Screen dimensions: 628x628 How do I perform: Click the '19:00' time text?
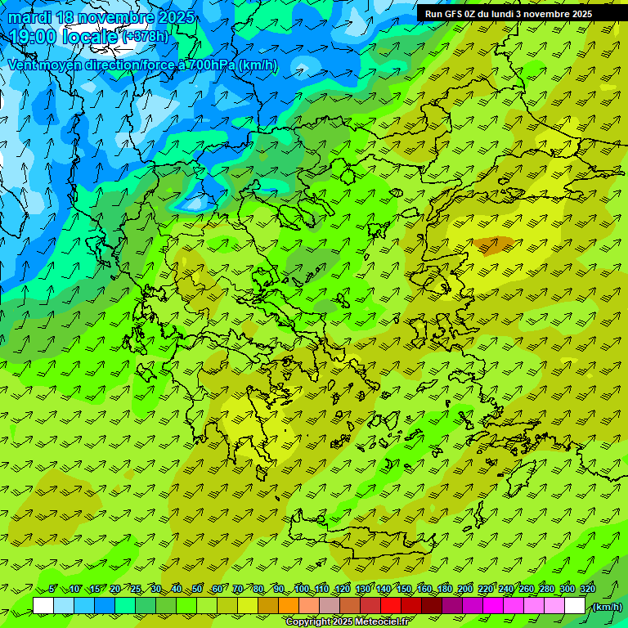34,37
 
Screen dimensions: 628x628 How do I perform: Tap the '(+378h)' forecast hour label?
145,37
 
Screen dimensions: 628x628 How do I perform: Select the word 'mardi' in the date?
30,17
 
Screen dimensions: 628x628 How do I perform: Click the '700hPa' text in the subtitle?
212,65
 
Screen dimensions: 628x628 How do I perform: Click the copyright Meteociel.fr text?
347,622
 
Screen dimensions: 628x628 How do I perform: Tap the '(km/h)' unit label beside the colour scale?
606,607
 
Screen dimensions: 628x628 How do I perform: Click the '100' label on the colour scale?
302,589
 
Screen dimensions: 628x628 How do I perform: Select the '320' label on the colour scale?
588,589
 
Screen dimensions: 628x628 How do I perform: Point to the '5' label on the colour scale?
52,589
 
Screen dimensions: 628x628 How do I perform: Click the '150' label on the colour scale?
404,589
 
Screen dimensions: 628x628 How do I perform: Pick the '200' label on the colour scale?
465,589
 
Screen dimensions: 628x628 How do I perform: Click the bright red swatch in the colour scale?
391,606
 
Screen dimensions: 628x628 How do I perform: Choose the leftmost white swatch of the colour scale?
43,606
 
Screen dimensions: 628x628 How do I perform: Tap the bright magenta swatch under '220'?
493,606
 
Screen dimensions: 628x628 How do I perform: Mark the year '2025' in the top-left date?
176,17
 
